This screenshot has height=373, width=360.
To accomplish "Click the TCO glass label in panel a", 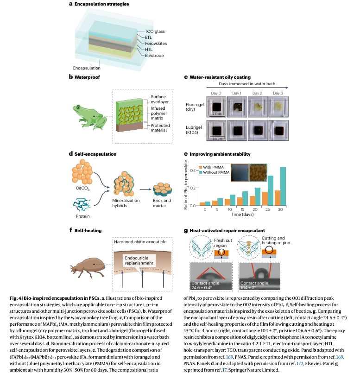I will (155, 31).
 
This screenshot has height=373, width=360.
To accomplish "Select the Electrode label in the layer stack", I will (155, 56).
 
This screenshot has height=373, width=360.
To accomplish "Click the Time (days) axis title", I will (244, 215).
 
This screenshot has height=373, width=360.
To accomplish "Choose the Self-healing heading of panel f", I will (87, 230).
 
